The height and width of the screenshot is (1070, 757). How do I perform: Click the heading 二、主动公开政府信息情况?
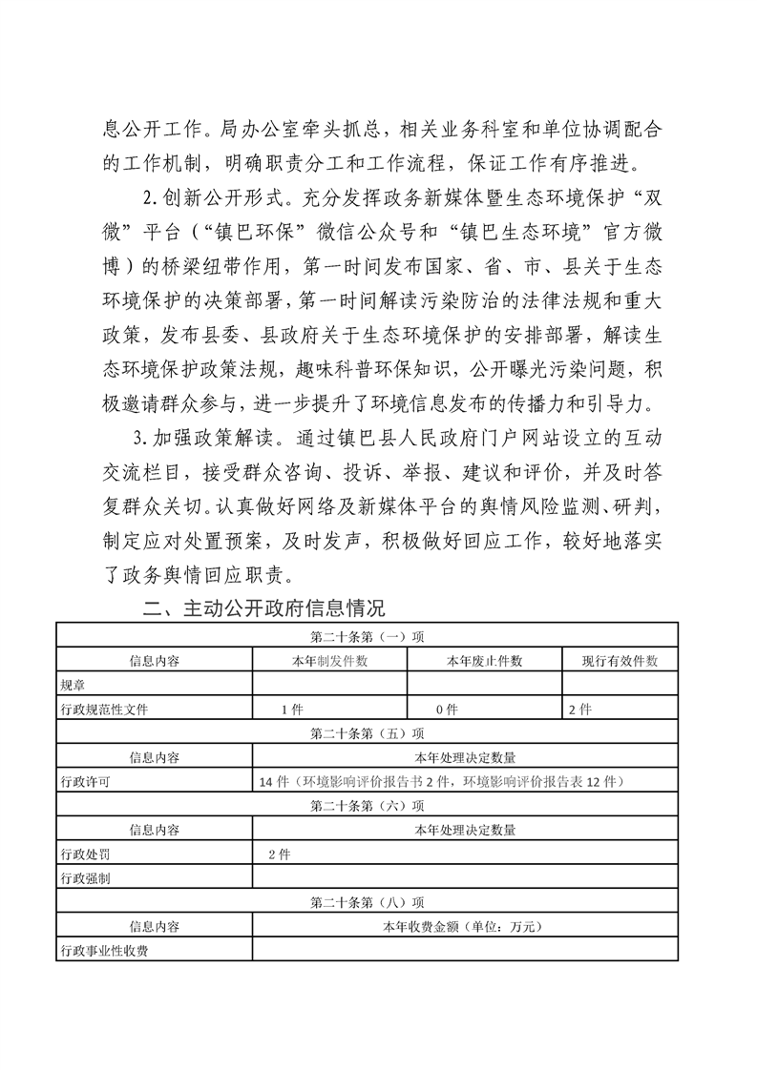(x=263, y=608)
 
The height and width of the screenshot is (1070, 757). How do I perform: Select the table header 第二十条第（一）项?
(x=368, y=635)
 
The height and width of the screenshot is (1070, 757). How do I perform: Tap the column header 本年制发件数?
(x=330, y=660)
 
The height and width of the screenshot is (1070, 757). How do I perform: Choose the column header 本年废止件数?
(x=485, y=660)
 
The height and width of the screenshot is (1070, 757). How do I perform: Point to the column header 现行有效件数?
(x=620, y=660)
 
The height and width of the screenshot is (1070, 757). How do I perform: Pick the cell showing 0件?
(x=447, y=710)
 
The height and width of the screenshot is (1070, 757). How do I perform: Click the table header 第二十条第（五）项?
(x=368, y=733)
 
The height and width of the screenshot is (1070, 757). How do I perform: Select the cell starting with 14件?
(x=441, y=782)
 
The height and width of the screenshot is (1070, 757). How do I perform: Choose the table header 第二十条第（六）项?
(x=368, y=806)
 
